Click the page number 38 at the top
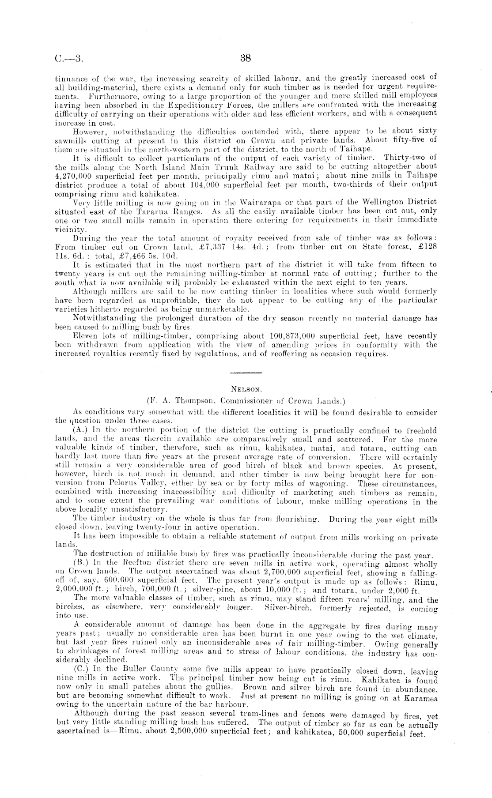[x=246, y=57]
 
